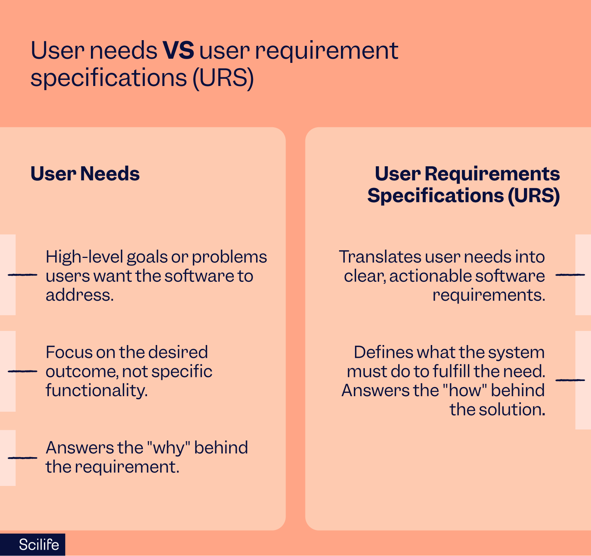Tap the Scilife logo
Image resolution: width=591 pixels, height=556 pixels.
point(39,545)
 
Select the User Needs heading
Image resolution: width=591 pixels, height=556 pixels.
point(85,174)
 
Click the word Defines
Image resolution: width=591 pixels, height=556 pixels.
point(383,353)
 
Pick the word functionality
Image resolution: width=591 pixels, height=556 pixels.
point(96,390)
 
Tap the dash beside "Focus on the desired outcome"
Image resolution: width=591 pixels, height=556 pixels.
point(22,371)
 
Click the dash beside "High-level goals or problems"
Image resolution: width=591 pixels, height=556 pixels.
point(22,275)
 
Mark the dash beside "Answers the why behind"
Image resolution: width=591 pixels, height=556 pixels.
point(22,458)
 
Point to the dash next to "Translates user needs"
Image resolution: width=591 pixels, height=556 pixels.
point(570,275)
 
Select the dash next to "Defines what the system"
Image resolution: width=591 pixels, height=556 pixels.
point(570,380)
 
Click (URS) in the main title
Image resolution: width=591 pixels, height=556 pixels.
point(223,78)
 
